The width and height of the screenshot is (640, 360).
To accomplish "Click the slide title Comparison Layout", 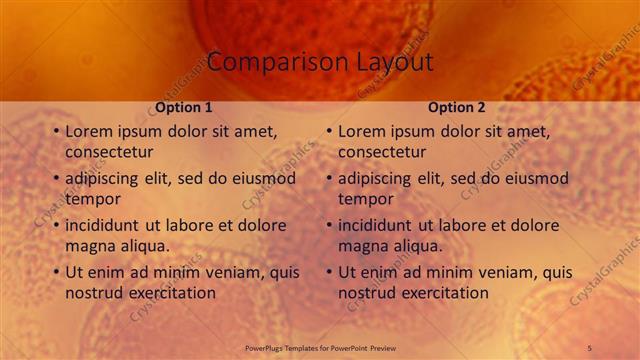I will tap(321, 62).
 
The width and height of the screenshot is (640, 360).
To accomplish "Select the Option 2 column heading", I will tap(457, 107).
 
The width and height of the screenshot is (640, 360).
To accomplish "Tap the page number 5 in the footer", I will tap(589, 347).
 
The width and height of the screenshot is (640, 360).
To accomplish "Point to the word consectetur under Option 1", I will tap(109, 152).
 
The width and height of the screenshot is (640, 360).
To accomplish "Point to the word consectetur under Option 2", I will tap(382, 152).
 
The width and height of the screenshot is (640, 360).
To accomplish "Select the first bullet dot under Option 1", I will tap(55, 131).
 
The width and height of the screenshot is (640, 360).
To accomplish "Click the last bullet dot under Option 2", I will tap(328, 272).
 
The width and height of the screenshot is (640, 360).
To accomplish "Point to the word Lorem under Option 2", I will tap(362, 131).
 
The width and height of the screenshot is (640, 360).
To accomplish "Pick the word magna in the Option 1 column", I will tap(90, 246).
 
